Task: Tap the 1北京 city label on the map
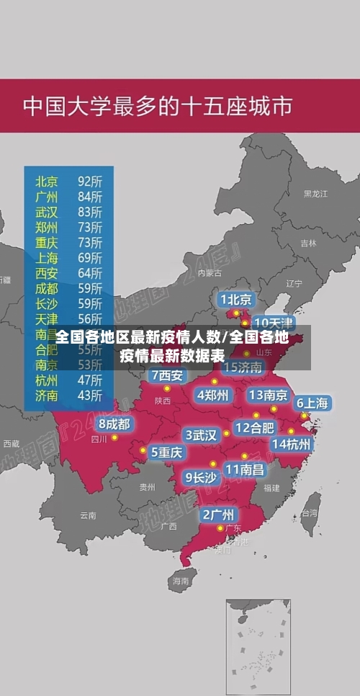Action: tap(235, 299)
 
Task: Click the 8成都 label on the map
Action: tap(114, 424)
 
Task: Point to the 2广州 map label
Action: tap(217, 514)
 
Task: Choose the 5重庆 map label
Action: tap(166, 452)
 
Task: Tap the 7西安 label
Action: tap(167, 375)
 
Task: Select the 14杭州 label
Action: tap(292, 444)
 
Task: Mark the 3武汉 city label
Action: tap(202, 434)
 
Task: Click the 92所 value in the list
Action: tap(90, 181)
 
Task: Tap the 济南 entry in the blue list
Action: tap(47, 395)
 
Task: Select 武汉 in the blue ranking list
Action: tap(47, 212)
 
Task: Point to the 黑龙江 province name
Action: tap(315, 194)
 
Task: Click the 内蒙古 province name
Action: tap(210, 273)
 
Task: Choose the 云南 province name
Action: tap(88, 515)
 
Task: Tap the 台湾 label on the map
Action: tap(309, 513)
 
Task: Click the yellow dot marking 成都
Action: tap(114, 437)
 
